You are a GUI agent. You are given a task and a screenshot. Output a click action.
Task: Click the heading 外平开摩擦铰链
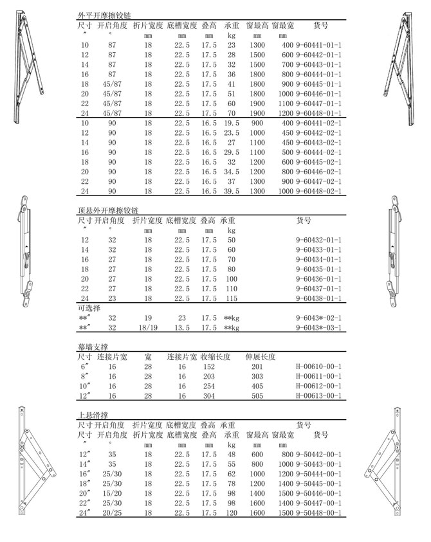click(x=102, y=14)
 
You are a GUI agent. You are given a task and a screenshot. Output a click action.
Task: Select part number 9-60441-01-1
click(x=318, y=45)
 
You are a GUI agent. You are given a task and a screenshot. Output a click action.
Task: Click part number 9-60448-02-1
click(x=318, y=191)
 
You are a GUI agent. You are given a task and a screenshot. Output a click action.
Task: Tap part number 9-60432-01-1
click(x=318, y=240)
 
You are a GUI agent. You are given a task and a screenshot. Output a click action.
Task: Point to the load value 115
click(x=232, y=298)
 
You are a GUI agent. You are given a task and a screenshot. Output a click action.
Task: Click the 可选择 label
click(x=89, y=308)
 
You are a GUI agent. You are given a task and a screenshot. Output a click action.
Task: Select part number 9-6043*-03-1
click(x=318, y=327)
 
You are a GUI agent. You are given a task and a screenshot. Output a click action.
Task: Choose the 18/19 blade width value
click(x=147, y=327)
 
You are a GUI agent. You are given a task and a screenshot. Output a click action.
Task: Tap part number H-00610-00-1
click(x=318, y=366)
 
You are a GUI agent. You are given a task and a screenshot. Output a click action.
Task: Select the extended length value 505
click(x=257, y=396)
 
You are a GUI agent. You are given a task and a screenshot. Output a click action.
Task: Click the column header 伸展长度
click(x=260, y=356)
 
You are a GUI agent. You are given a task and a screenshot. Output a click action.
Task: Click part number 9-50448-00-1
click(x=318, y=512)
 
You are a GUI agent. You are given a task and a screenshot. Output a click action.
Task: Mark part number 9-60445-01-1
click(x=318, y=84)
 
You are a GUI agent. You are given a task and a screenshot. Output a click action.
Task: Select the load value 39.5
click(x=232, y=191)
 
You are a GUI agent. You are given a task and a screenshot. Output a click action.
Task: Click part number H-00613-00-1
click(x=318, y=396)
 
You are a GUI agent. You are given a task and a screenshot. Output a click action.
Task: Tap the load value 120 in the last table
click(x=232, y=512)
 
